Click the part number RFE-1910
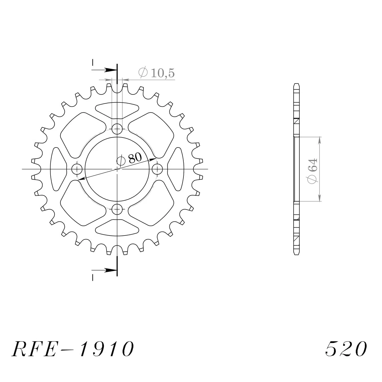(x=73, y=349)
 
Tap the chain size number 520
(x=346, y=349)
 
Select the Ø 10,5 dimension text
(x=157, y=73)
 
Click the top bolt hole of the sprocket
(x=117, y=129)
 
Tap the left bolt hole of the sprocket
(x=77, y=169)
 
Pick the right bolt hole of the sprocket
(x=157, y=169)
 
